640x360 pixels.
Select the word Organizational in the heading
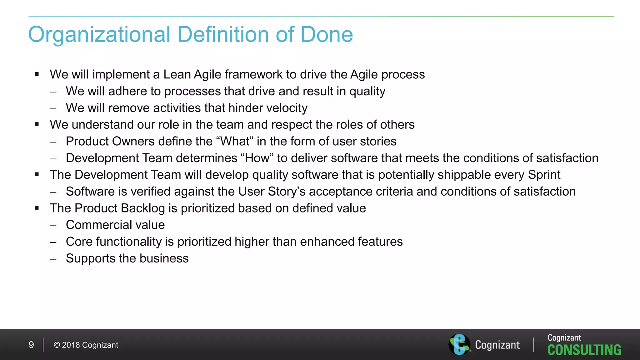point(99,35)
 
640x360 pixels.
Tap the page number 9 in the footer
point(31,345)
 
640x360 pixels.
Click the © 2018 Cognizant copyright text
point(86,345)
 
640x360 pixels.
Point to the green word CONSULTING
point(584,350)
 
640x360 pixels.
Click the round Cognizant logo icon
point(459,344)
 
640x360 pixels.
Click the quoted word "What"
point(235,142)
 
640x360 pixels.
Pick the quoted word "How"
point(257,158)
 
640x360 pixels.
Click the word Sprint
point(544,175)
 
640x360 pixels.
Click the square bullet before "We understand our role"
point(37,124)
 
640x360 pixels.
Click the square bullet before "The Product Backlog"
point(37,208)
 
